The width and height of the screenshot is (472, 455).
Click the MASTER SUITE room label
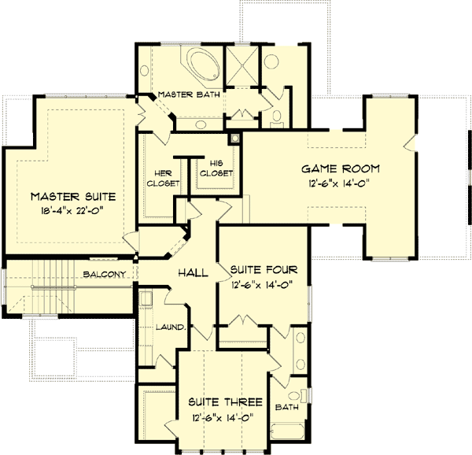click(x=73, y=195)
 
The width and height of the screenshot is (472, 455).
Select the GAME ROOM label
click(x=341, y=168)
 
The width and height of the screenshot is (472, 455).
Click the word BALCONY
click(x=105, y=275)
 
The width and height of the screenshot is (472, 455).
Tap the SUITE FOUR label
click(x=263, y=270)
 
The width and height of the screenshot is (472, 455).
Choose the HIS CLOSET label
click(x=216, y=168)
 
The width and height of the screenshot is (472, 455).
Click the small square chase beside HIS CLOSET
click(x=234, y=139)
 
